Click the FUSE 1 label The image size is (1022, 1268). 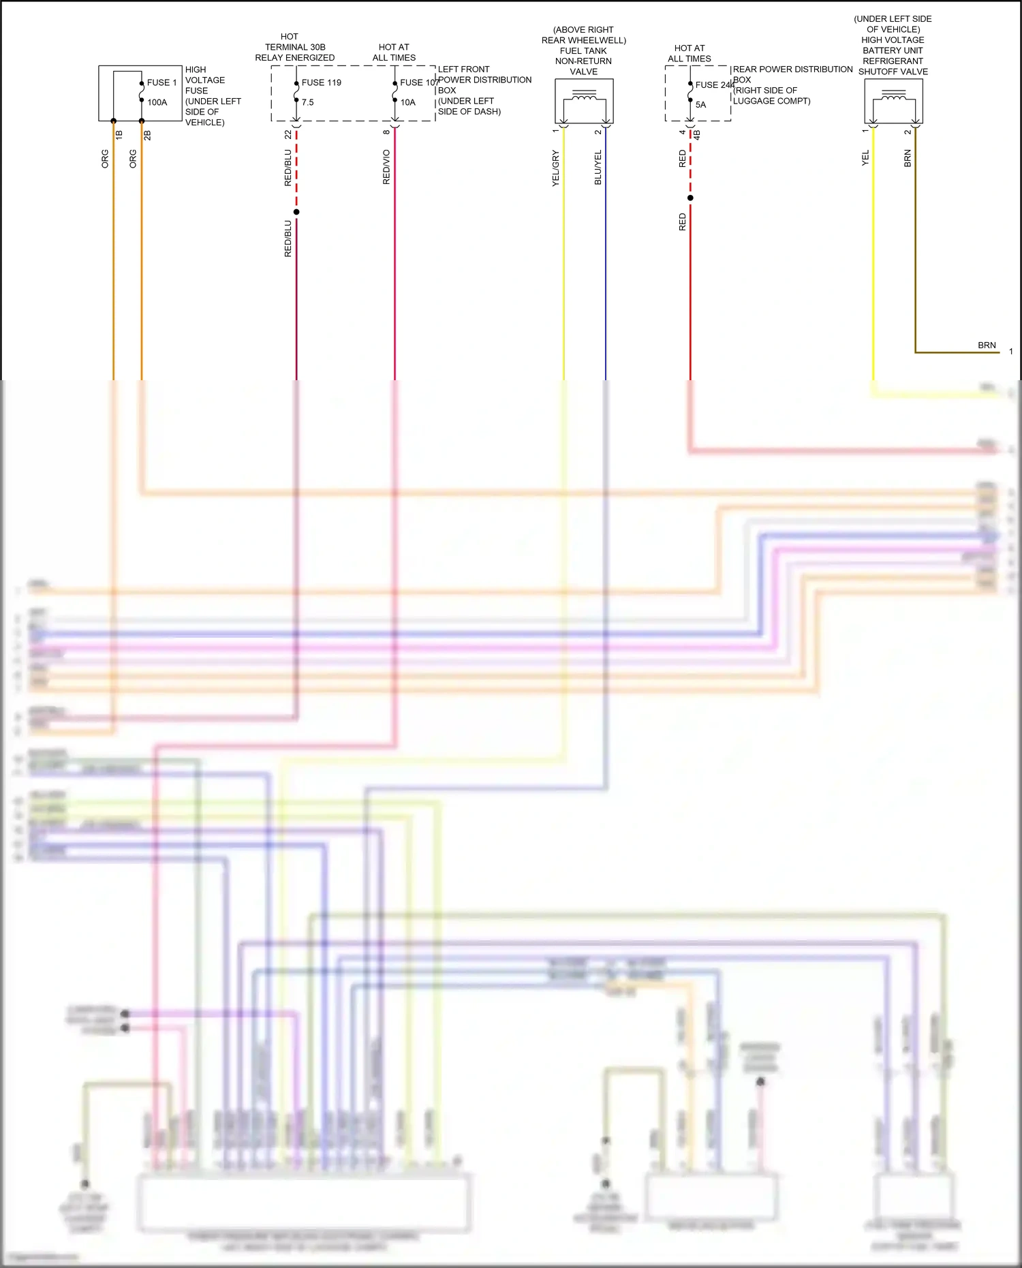pos(161,82)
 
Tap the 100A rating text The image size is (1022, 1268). pos(157,102)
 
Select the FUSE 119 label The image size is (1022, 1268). pos(321,82)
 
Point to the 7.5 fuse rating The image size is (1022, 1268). pos(308,102)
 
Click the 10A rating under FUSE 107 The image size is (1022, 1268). pos(407,102)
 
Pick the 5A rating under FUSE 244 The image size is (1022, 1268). pos(700,105)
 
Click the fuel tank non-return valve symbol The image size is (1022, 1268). pos(584,101)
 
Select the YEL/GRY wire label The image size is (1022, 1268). pos(555,168)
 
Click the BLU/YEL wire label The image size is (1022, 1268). pos(598,168)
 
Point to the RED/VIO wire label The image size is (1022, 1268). pos(386,167)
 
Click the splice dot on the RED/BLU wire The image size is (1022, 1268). pos(296,212)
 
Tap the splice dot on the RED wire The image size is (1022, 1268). pos(690,198)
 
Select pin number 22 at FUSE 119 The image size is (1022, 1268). pos(288,135)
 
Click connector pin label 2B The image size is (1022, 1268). pos(147,135)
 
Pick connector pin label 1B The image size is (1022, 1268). pos(119,135)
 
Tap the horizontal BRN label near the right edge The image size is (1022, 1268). pos(987,345)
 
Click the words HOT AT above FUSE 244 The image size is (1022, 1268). pos(690,48)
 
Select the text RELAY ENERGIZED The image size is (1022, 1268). pos(295,58)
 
